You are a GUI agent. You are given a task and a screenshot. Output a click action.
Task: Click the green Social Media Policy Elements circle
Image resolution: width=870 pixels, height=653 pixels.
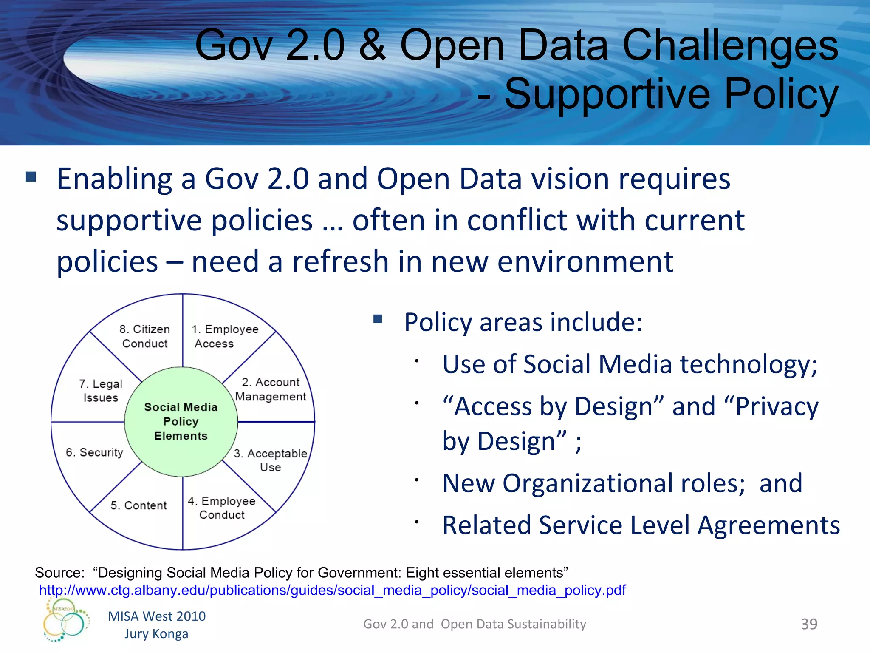181,421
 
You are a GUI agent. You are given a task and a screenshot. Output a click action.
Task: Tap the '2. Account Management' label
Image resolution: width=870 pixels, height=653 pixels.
270,389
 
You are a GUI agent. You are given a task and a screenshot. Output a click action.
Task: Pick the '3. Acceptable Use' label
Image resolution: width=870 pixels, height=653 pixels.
270,460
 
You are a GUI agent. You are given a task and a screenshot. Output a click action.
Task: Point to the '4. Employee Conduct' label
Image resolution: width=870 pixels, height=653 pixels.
221,508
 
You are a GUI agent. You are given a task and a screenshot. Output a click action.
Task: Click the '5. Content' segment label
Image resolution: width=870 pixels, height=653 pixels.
138,505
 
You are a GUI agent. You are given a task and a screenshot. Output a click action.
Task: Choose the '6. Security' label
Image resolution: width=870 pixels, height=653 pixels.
94,452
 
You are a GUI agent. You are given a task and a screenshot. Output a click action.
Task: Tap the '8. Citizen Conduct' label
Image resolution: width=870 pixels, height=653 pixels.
144,336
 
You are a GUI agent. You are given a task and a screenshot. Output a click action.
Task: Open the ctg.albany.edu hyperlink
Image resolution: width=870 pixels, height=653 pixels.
332,590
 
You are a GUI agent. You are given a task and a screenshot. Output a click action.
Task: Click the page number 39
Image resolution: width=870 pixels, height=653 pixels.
809,624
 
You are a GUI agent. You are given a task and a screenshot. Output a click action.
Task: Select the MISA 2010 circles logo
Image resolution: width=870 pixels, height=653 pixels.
66,620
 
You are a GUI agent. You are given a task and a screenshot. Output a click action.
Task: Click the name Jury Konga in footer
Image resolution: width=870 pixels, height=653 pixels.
156,633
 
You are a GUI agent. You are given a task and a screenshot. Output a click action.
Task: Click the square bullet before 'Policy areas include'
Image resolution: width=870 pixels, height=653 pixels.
378,319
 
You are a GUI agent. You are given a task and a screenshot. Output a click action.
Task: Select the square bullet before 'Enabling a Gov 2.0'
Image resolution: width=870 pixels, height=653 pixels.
31,176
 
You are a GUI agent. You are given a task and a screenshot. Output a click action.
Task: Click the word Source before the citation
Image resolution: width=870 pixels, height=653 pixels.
59,573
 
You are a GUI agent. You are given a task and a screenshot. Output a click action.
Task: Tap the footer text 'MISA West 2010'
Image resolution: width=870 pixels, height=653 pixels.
157,616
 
